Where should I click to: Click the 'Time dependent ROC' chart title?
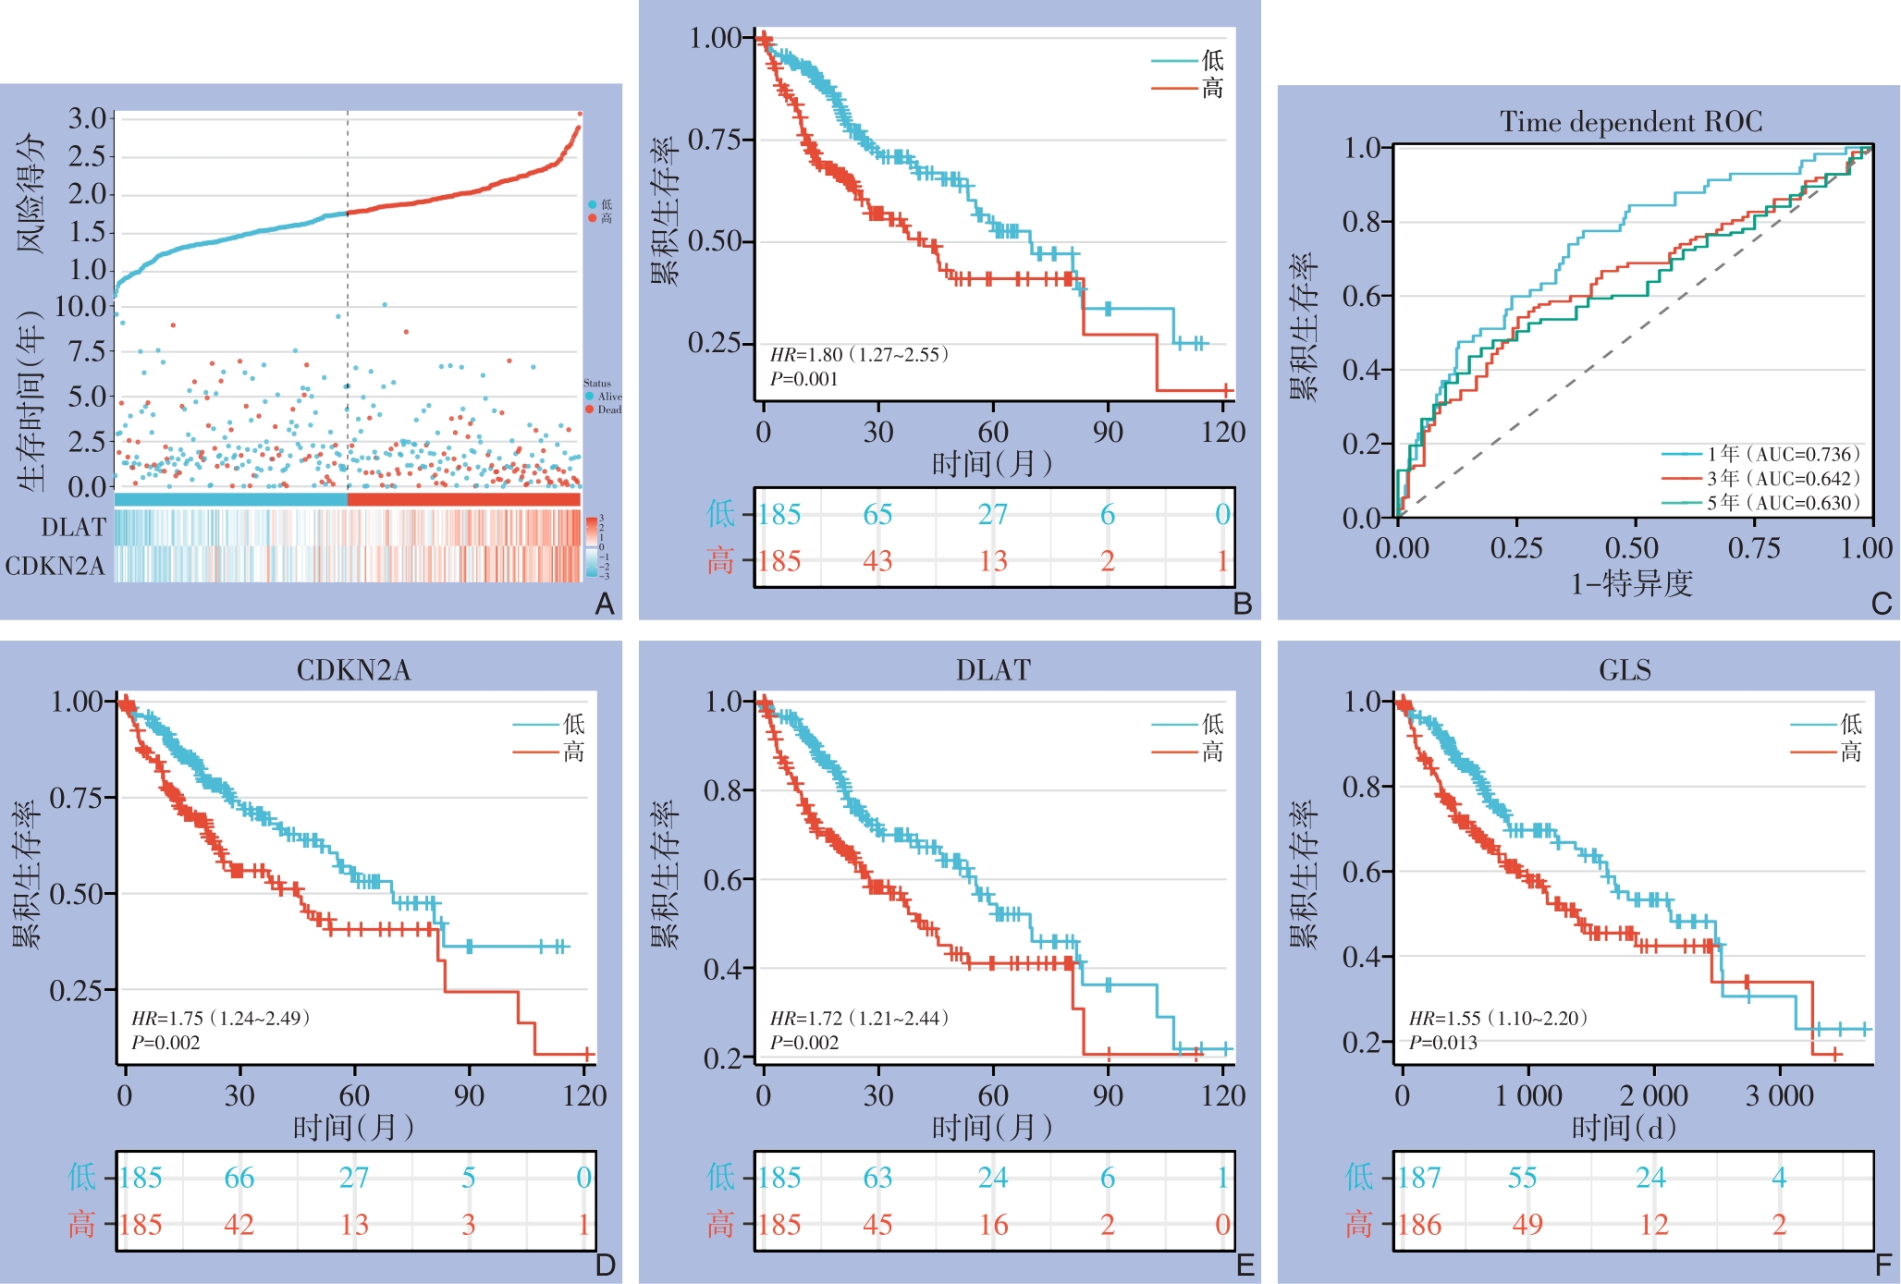[x=1631, y=122]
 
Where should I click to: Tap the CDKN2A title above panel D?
[x=353, y=670]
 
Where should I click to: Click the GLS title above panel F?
[x=1625, y=670]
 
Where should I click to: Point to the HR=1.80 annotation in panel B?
[x=859, y=355]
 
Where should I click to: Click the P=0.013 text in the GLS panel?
[x=1442, y=1043]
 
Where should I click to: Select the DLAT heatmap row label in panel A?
[x=74, y=527]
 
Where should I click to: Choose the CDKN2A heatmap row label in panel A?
[x=55, y=566]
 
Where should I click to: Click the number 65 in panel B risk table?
[x=877, y=514]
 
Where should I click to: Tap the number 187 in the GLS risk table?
[x=1418, y=1178]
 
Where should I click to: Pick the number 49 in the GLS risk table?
[x=1527, y=1225]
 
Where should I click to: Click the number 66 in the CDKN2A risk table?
[x=239, y=1178]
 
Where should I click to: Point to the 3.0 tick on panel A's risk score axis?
[x=88, y=118]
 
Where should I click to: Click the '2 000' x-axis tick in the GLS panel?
[x=1653, y=1096]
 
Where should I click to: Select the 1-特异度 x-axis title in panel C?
[x=1631, y=583]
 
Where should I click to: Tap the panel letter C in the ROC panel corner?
[x=1881, y=604]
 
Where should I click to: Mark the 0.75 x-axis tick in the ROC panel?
[x=1753, y=548]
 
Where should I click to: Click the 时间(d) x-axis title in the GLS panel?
[x=1624, y=1128]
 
